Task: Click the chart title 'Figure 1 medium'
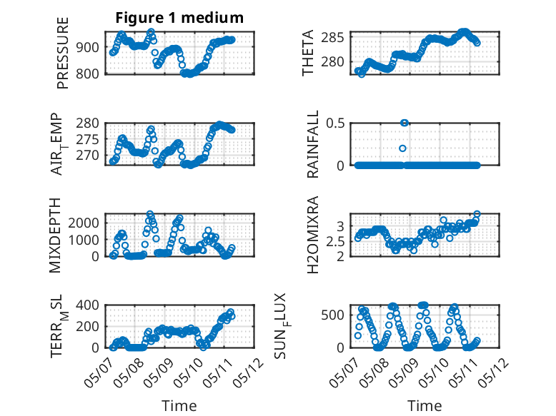tap(179, 18)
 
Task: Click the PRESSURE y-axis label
tap(62, 53)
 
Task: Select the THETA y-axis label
tap(308, 53)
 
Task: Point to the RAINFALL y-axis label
tap(313, 144)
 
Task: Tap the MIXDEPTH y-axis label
tap(55, 235)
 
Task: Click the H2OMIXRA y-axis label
tap(313, 235)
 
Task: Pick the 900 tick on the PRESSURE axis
tap(88, 47)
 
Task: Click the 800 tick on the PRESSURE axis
tap(88, 74)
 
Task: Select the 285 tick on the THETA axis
tap(332, 37)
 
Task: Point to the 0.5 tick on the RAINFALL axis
tap(335, 123)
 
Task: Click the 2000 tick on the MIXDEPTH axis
tap(84, 223)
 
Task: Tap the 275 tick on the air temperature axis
tap(88, 139)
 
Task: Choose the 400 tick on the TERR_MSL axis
tap(88, 305)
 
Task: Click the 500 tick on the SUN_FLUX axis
tap(332, 315)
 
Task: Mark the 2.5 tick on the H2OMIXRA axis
tap(335, 242)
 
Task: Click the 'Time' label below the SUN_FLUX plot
tap(425, 406)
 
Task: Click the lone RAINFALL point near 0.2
tap(402, 148)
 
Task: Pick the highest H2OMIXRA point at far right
tap(477, 214)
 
